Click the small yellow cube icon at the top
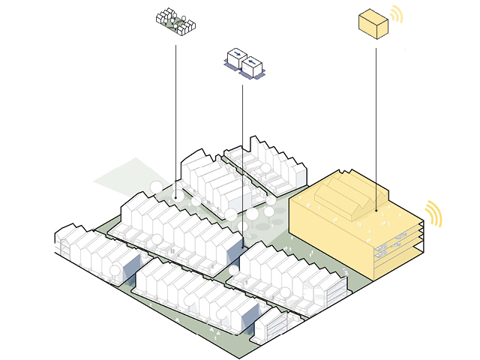point(373,23)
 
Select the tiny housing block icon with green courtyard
point(176,22)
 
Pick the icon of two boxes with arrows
point(244,63)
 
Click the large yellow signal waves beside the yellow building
point(433,214)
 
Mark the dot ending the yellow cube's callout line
point(376,211)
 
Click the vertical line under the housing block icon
point(176,112)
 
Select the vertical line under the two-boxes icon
point(242,135)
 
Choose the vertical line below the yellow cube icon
point(376,127)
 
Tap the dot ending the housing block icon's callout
point(176,197)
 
